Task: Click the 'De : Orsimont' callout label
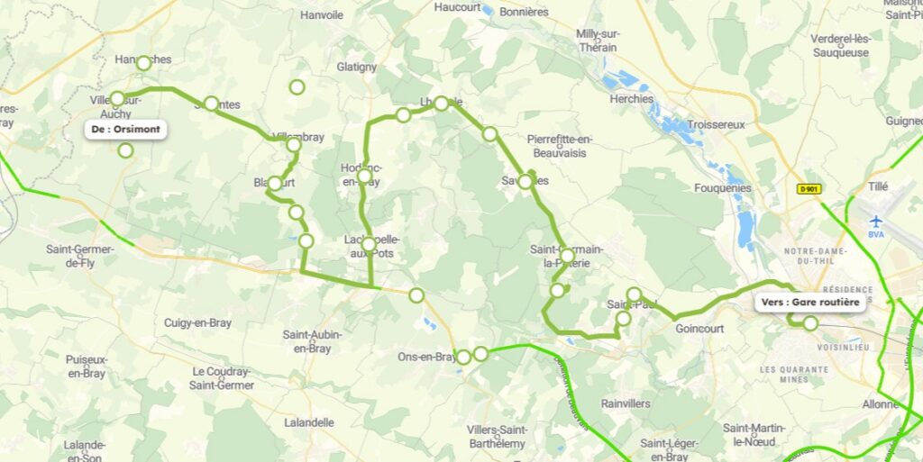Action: click(x=126, y=130)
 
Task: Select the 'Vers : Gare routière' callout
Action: click(x=810, y=303)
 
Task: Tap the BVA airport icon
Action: click(x=875, y=221)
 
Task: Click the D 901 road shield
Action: click(x=808, y=189)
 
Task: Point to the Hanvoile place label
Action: click(x=322, y=15)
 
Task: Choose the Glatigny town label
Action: click(x=356, y=67)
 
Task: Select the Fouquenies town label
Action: click(x=723, y=188)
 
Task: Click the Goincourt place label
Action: click(x=699, y=329)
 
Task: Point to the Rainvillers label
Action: click(x=626, y=403)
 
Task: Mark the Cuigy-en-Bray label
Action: click(x=197, y=322)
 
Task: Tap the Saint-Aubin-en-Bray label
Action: click(x=313, y=340)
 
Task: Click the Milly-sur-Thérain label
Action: click(x=598, y=41)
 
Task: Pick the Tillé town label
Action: click(x=876, y=186)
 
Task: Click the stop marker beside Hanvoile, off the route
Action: click(x=297, y=87)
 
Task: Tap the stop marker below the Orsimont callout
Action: click(x=125, y=150)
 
